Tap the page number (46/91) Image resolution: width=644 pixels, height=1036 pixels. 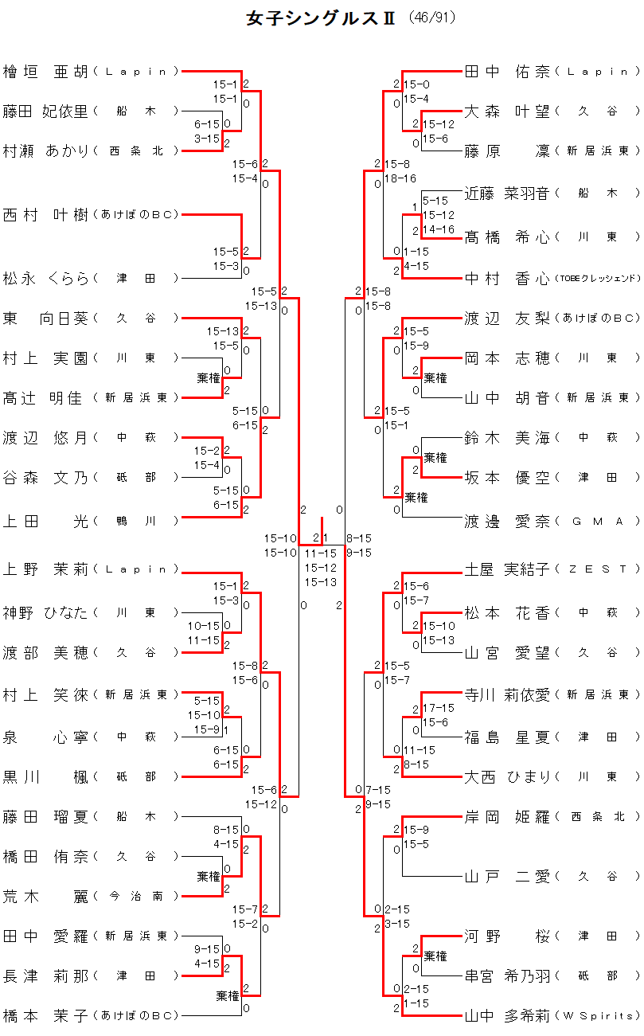[x=433, y=18]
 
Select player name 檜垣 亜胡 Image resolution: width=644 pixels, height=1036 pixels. [x=45, y=72]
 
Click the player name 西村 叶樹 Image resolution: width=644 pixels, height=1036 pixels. [x=45, y=214]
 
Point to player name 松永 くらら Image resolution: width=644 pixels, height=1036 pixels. [x=45, y=278]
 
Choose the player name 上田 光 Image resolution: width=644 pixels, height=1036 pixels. [x=45, y=521]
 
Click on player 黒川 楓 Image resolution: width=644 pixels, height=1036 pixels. [x=45, y=776]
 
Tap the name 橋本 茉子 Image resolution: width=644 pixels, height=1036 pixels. [x=45, y=1015]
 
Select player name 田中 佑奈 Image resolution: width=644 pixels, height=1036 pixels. [x=507, y=72]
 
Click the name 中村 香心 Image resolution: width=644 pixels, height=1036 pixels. [x=507, y=278]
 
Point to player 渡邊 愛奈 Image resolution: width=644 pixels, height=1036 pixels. [x=507, y=521]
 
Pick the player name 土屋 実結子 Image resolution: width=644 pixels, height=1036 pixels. [x=507, y=569]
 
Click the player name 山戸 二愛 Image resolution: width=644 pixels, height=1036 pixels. [x=507, y=877]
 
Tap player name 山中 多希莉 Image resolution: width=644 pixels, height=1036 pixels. [x=507, y=1015]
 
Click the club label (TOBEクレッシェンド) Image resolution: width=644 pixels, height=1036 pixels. [x=597, y=279]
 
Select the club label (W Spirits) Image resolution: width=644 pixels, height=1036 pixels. [x=598, y=1016]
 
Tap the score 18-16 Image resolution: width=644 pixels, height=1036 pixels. [x=400, y=178]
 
